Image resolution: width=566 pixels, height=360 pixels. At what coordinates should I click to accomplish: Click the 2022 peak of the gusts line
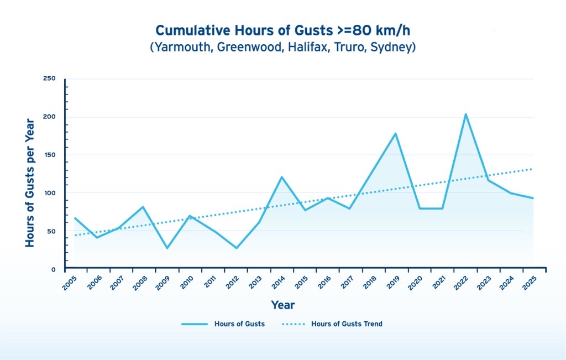pyautogui.click(x=465, y=114)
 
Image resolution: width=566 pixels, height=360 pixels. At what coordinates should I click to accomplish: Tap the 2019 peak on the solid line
pyautogui.click(x=396, y=134)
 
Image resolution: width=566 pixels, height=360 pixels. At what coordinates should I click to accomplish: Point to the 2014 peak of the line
pyautogui.click(x=282, y=177)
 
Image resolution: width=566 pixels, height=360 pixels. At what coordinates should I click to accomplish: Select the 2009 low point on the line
pyautogui.click(x=166, y=248)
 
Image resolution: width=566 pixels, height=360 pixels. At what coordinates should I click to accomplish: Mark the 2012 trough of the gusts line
pyautogui.click(x=236, y=248)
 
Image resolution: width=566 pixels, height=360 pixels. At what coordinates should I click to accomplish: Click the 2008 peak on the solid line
pyautogui.click(x=143, y=207)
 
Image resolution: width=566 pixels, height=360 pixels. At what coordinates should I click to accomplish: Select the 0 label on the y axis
pyautogui.click(x=54, y=269)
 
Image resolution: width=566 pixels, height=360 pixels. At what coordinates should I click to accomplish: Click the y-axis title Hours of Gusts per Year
pyautogui.click(x=30, y=182)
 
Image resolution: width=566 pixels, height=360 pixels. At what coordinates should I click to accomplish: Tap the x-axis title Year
pyautogui.click(x=282, y=305)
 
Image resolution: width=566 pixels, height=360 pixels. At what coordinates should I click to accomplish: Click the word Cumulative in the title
pyautogui.click(x=188, y=30)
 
